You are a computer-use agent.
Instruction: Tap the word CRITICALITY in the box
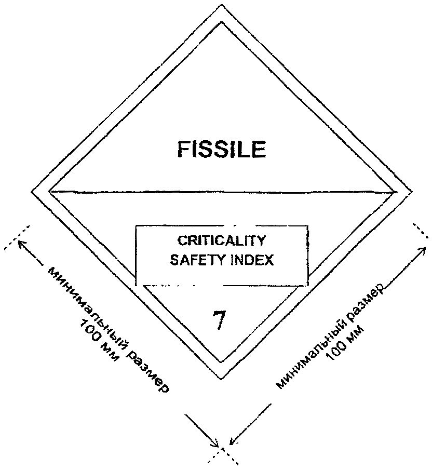coord(222,240)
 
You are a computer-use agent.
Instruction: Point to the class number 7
coord(219,319)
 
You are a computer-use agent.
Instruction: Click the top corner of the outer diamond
coord(222,4)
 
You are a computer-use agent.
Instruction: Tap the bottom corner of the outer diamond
coord(221,380)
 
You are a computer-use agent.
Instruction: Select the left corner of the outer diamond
coord(32,192)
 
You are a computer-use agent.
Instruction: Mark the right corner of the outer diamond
coord(412,192)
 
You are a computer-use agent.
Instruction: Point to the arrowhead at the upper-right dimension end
coord(424,249)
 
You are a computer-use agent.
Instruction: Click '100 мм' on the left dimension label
coord(98,340)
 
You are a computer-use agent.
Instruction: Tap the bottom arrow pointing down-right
coord(201,431)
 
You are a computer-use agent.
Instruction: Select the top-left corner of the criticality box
coord(136,226)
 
